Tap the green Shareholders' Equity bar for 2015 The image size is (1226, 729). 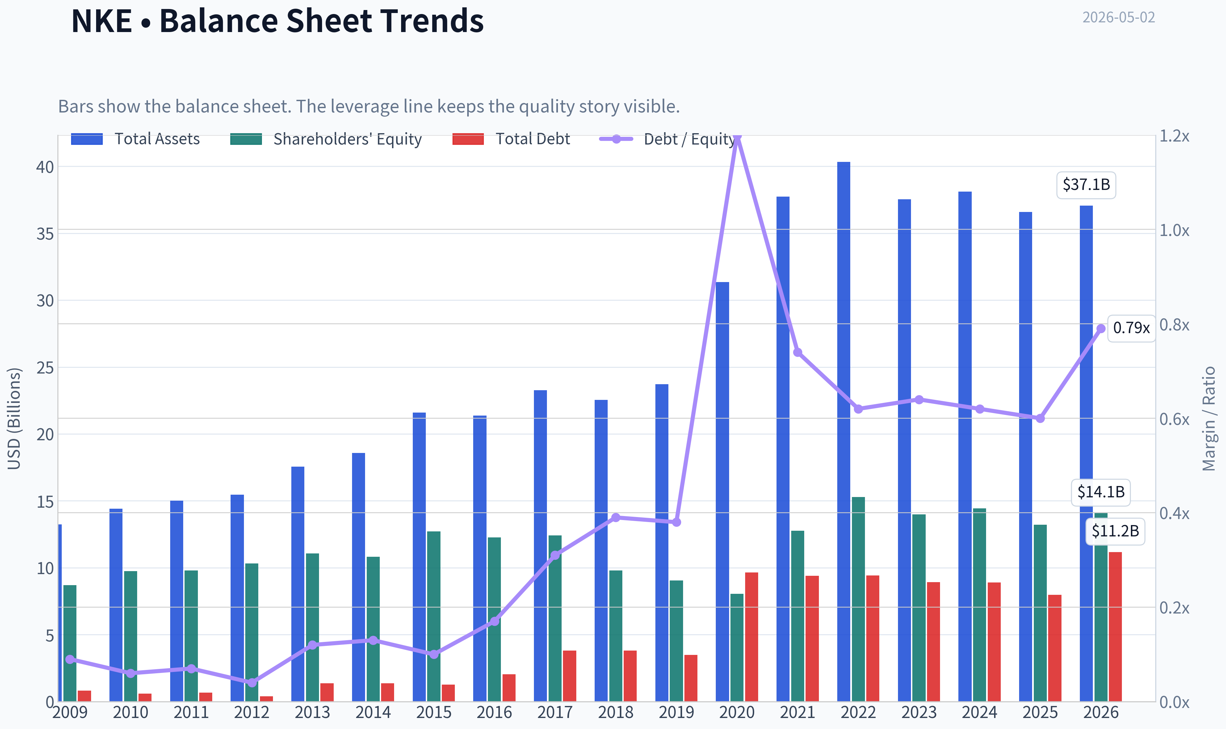[x=433, y=616]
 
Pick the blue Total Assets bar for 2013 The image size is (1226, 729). [x=298, y=584]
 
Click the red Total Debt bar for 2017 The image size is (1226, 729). [x=570, y=676]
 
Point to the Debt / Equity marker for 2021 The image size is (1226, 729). [x=797, y=352]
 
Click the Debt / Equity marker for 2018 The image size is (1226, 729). [x=616, y=517]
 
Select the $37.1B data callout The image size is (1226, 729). [x=1086, y=185]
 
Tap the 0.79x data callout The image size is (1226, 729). [x=1131, y=328]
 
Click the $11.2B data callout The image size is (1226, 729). [x=1115, y=531]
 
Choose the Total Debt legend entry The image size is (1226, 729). [x=511, y=139]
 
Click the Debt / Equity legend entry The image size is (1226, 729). [x=667, y=139]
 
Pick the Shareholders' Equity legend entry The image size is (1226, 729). [x=326, y=139]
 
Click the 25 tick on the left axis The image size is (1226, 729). [x=45, y=368]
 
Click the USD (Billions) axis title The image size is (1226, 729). [x=14, y=419]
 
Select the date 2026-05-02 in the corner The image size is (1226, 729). [x=1119, y=17]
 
